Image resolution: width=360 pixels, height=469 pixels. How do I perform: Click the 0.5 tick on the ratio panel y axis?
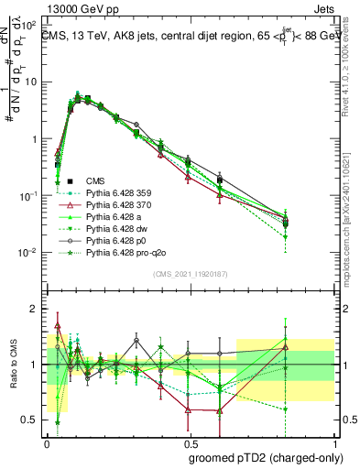pos(32,420)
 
